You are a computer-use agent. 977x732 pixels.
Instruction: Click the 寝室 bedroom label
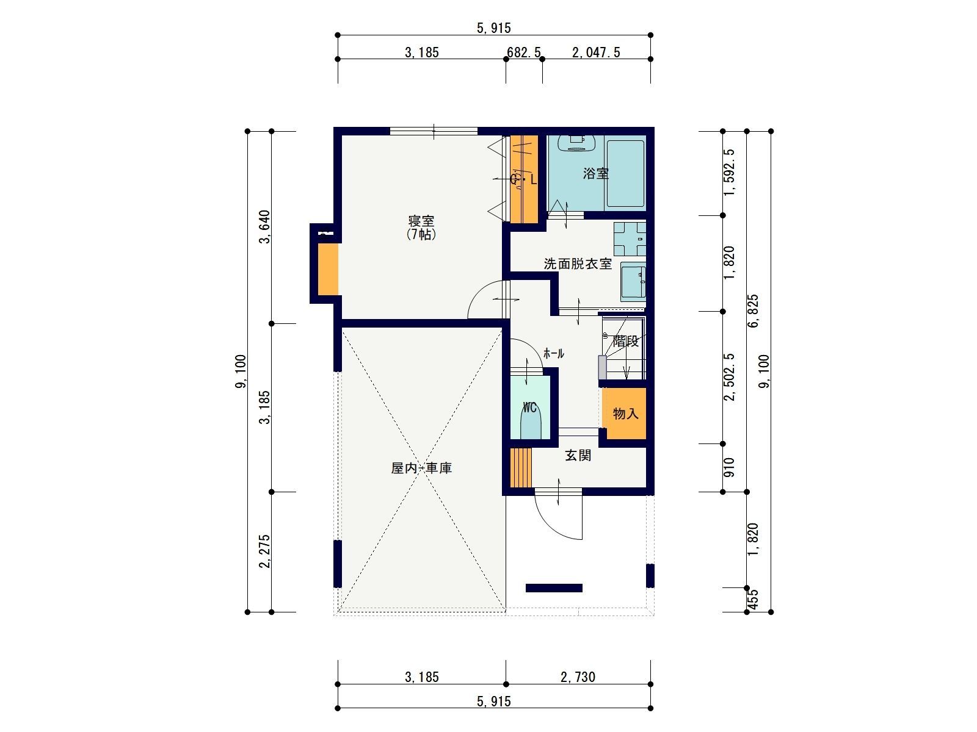pyautogui.click(x=421, y=220)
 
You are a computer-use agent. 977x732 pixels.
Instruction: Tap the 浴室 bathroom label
pyautogui.click(x=595, y=173)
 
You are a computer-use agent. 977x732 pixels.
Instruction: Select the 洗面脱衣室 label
pyautogui.click(x=578, y=264)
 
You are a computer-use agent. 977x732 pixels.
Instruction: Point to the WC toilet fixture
pyautogui.click(x=529, y=425)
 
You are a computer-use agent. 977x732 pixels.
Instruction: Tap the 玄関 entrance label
pyautogui.click(x=578, y=455)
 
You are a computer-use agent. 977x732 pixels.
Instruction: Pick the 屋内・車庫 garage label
pyautogui.click(x=421, y=468)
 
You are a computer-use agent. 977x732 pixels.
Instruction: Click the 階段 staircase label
pyautogui.click(x=626, y=342)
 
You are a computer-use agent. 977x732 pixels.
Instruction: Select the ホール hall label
pyautogui.click(x=554, y=353)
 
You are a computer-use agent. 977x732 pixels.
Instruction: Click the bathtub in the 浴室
pyautogui.click(x=625, y=174)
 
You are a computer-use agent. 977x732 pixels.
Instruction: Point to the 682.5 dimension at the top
pyautogui.click(x=524, y=52)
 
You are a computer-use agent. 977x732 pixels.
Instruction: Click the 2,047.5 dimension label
pyautogui.click(x=596, y=52)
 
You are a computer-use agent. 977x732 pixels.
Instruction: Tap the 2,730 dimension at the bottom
pyautogui.click(x=578, y=677)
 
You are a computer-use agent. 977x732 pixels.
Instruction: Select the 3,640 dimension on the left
pyautogui.click(x=265, y=227)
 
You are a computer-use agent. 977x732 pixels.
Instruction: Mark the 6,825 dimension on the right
pyautogui.click(x=753, y=310)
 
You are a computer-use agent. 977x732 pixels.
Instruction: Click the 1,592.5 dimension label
pyautogui.click(x=729, y=172)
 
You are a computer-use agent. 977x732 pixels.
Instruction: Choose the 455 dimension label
pyautogui.click(x=753, y=600)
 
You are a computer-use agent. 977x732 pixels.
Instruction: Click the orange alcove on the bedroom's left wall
pyautogui.click(x=328, y=270)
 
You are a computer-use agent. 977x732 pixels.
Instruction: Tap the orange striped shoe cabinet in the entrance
pyautogui.click(x=521, y=467)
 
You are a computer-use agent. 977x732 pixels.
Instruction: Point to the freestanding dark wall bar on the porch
pyautogui.click(x=554, y=588)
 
